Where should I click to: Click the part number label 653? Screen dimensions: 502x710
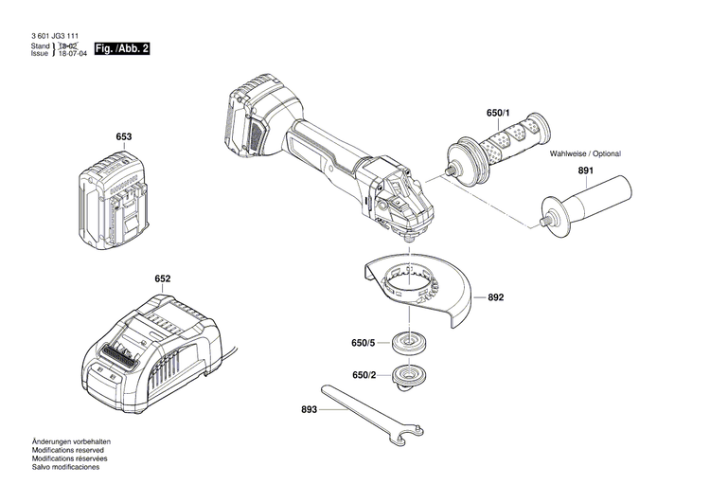(x=123, y=137)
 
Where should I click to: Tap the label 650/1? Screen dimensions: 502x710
(x=498, y=114)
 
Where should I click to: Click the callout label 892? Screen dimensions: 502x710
(x=496, y=297)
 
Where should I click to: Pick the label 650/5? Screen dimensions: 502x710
(x=364, y=343)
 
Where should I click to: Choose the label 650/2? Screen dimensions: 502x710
(x=364, y=376)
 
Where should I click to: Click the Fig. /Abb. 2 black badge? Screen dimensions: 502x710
(x=122, y=48)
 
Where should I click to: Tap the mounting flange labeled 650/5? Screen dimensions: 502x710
(x=412, y=343)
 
